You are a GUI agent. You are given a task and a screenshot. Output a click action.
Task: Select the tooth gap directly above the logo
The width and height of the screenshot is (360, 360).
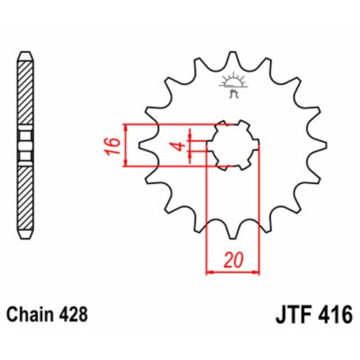pyautogui.click(x=233, y=64)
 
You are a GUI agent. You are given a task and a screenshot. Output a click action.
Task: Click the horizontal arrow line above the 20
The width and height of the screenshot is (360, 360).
pyautogui.click(x=233, y=272)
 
